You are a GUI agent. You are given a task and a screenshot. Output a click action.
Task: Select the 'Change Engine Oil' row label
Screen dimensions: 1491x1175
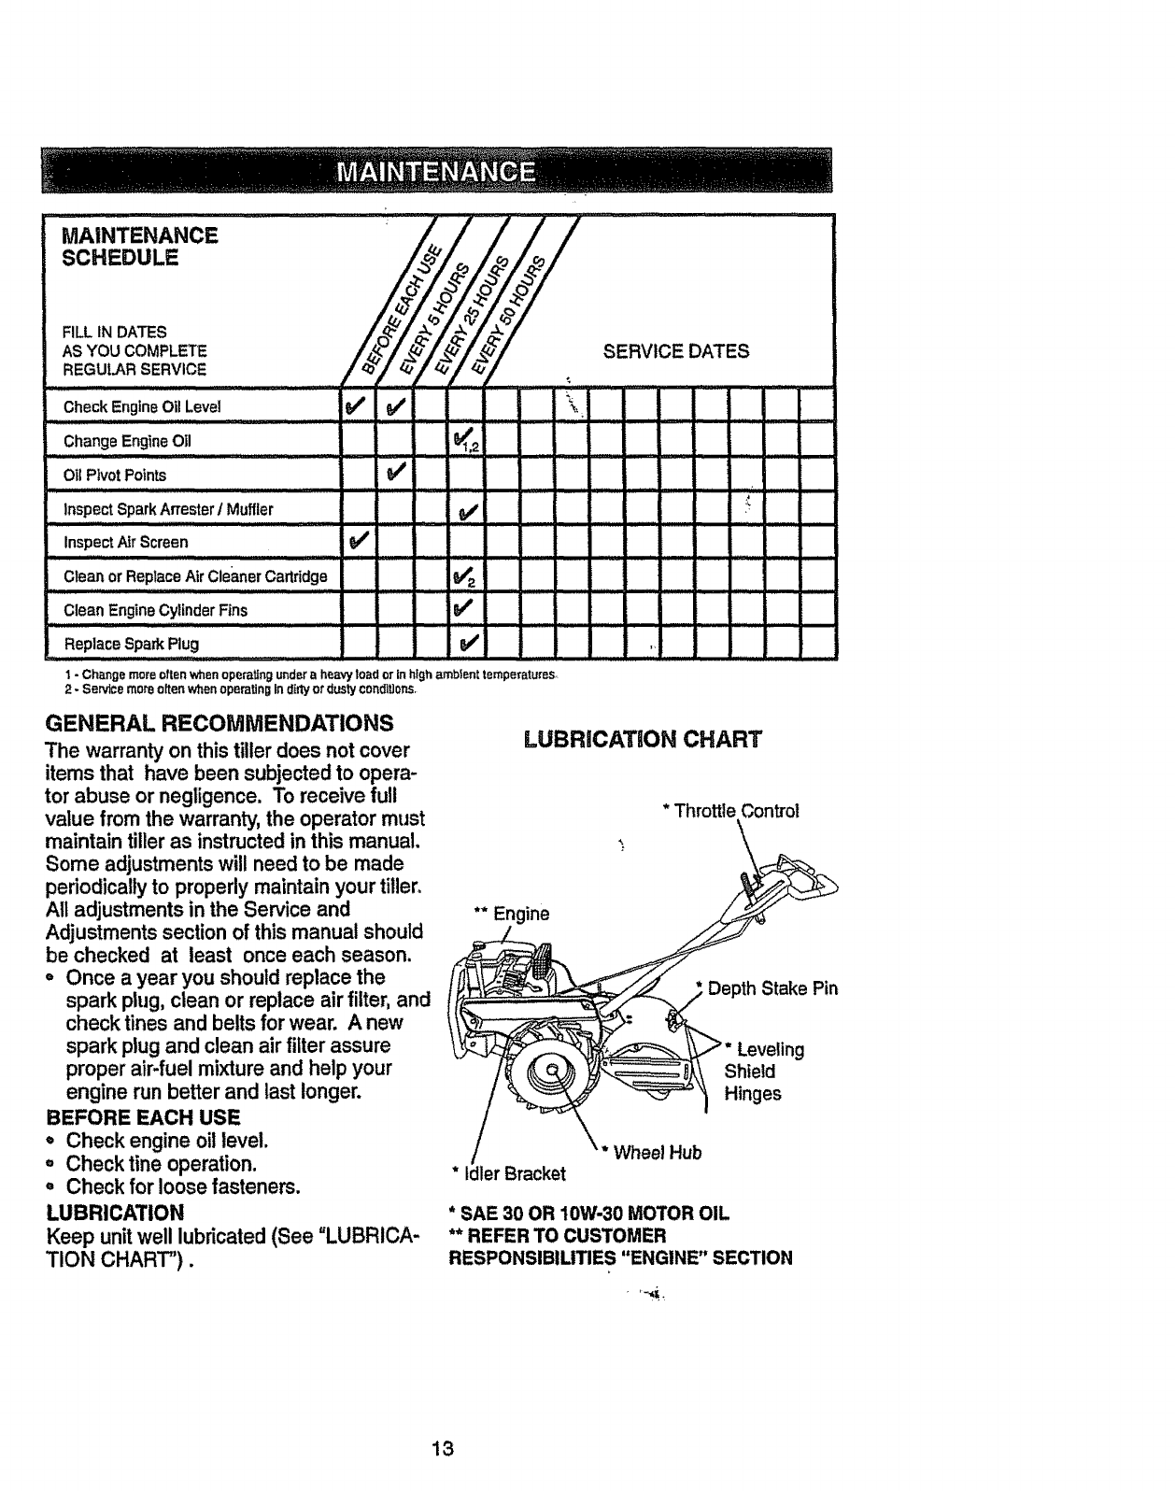click(127, 441)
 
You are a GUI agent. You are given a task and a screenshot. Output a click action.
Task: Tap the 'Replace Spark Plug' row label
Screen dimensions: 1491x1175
click(131, 644)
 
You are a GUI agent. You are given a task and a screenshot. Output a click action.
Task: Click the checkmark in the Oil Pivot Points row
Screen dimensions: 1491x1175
click(395, 475)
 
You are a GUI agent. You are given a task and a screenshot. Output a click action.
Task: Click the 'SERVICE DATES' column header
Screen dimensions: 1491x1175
click(676, 351)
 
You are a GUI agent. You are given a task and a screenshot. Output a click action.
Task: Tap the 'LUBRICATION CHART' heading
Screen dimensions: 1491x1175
click(644, 740)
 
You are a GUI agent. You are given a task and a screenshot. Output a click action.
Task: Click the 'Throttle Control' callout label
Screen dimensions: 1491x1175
click(730, 811)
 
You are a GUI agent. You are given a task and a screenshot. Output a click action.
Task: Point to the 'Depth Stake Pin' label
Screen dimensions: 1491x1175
click(772, 989)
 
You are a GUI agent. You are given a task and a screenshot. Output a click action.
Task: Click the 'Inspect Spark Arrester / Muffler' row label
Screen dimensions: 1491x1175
click(168, 509)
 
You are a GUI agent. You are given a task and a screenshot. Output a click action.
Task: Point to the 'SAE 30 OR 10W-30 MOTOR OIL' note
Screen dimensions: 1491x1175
click(588, 1214)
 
